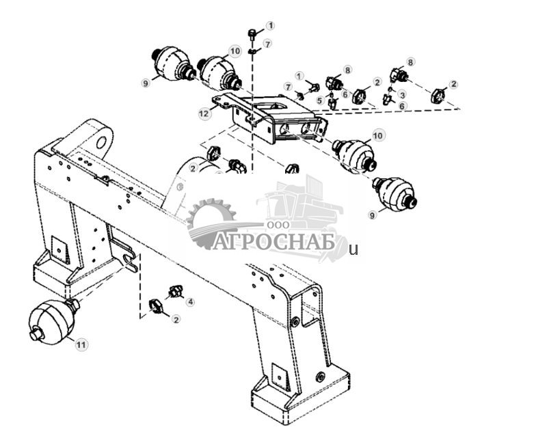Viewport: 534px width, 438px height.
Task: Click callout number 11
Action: click(x=81, y=345)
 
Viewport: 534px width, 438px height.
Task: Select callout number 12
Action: click(x=204, y=113)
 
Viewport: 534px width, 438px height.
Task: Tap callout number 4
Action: click(x=190, y=301)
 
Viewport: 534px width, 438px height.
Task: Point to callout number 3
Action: click(x=403, y=94)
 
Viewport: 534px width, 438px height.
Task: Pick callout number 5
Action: click(x=319, y=100)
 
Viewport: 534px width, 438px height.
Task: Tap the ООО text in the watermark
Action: click(x=278, y=225)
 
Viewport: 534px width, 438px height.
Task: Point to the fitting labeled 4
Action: click(x=176, y=291)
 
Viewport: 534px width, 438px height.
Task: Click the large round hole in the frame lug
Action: click(x=102, y=142)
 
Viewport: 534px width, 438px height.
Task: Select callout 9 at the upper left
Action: click(x=146, y=83)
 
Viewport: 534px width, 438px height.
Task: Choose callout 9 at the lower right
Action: click(x=373, y=215)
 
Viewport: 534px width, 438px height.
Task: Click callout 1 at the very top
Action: click(x=271, y=25)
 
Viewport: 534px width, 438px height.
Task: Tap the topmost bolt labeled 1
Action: click(x=252, y=34)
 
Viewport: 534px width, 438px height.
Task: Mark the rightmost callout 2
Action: click(x=453, y=84)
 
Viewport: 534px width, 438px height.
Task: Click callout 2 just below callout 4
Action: click(x=176, y=319)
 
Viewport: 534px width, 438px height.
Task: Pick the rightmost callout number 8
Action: click(x=411, y=62)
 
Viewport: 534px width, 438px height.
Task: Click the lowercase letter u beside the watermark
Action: click(x=354, y=250)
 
